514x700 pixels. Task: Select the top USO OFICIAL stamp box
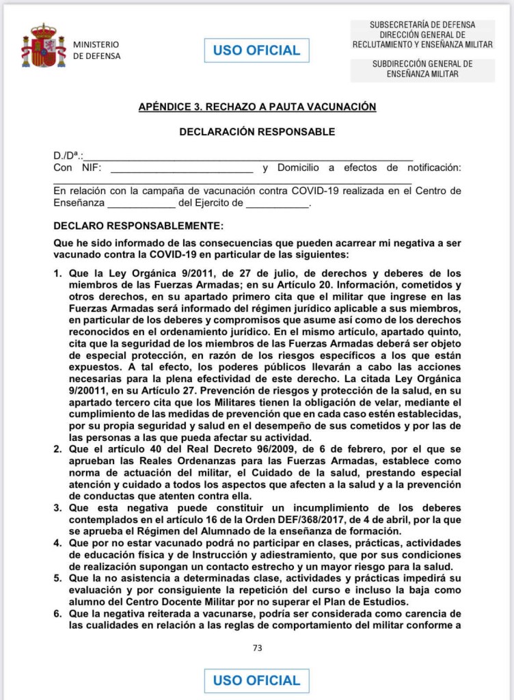[256, 51]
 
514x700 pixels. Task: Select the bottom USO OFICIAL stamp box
[256, 680]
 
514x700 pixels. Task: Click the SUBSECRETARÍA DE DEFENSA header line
[422, 25]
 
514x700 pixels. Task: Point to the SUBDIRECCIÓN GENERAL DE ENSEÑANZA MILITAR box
[422, 68]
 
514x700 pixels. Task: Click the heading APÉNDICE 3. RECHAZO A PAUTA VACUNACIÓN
[257, 107]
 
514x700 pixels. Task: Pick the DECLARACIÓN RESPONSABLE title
[257, 131]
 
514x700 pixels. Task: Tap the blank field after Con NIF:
[181, 170]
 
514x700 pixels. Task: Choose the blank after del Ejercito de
[277, 204]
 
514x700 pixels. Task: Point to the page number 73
[257, 648]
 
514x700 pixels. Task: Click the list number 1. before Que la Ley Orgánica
[58, 274]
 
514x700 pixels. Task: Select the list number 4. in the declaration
[58, 543]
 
